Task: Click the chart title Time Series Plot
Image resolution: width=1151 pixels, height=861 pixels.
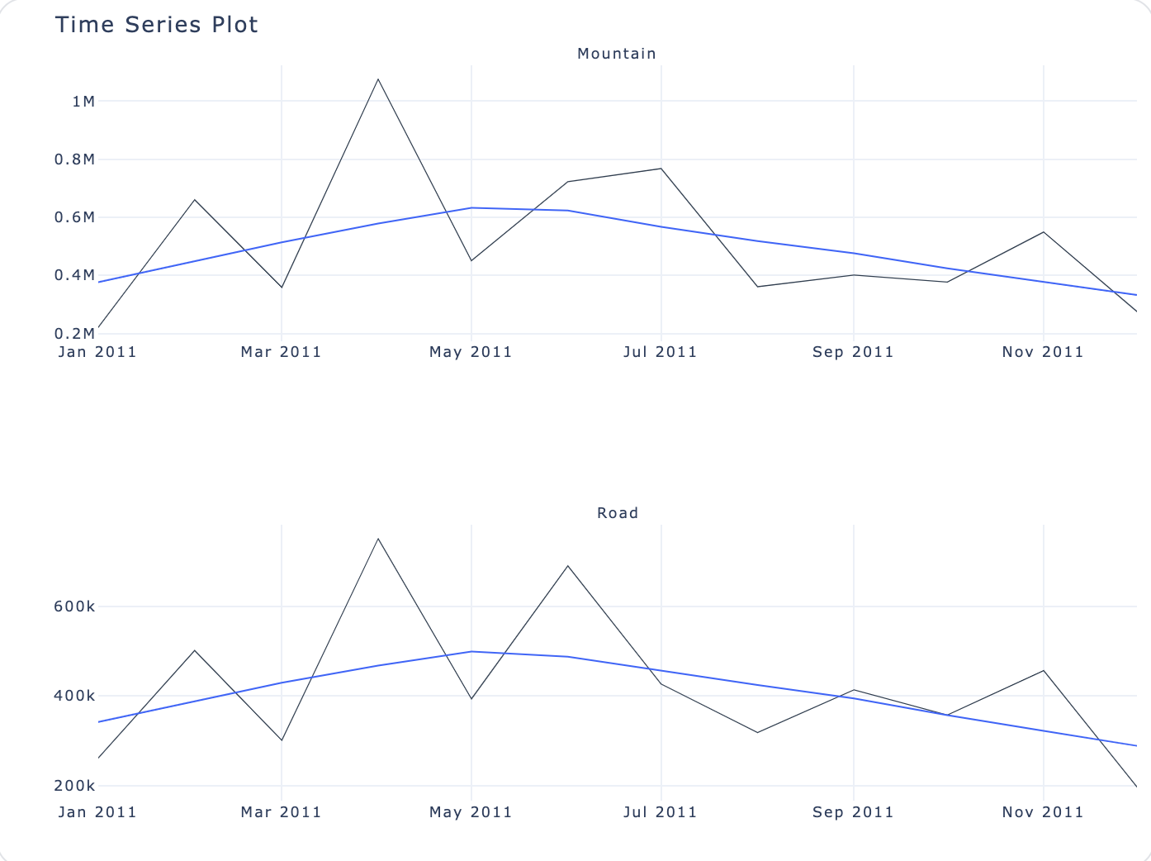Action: (156, 25)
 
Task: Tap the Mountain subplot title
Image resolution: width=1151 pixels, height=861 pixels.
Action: (617, 54)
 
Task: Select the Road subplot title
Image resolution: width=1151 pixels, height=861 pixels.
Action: (618, 513)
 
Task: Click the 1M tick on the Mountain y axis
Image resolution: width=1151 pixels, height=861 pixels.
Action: (83, 102)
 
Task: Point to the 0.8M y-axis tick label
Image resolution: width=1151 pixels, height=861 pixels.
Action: (74, 159)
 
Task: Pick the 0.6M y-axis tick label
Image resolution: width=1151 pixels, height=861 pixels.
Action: (74, 217)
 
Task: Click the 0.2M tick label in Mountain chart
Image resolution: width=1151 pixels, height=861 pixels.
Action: (74, 334)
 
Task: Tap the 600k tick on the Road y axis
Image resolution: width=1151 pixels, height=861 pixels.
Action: (74, 607)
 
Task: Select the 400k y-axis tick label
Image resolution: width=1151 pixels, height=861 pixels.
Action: (74, 696)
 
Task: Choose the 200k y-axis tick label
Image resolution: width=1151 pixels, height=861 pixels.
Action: (74, 786)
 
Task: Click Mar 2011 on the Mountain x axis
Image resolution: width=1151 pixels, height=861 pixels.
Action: (281, 352)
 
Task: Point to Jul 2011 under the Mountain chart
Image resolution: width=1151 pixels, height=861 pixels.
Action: (660, 352)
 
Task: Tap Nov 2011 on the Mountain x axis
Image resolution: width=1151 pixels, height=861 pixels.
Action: (1043, 352)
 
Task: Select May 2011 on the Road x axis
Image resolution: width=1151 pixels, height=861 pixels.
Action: (471, 812)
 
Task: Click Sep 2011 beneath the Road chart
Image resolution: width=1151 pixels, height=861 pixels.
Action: (853, 812)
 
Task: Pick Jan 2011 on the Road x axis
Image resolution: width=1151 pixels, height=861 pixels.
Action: (97, 812)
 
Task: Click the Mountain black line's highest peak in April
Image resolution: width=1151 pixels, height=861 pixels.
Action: (378, 79)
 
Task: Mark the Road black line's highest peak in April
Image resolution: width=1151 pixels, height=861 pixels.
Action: (378, 539)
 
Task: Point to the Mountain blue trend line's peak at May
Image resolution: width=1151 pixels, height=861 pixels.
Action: (471, 207)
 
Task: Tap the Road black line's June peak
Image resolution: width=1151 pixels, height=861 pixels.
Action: (568, 566)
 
